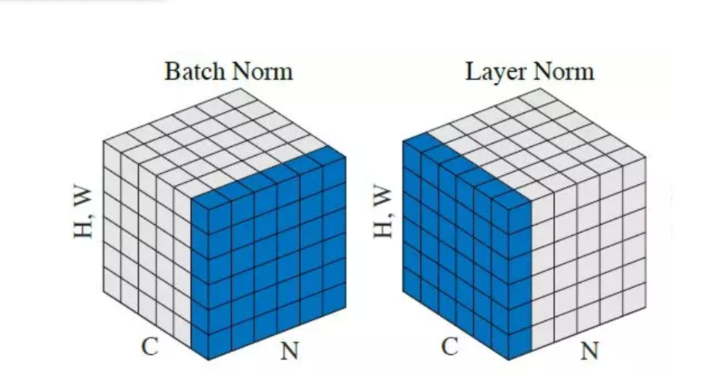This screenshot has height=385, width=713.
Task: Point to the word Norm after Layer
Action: pos(564,72)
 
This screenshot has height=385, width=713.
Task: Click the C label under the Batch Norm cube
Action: pos(149,346)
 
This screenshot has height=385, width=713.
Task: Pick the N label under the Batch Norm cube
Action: pos(289,350)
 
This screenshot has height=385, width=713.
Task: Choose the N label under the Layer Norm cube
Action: pos(589,350)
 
